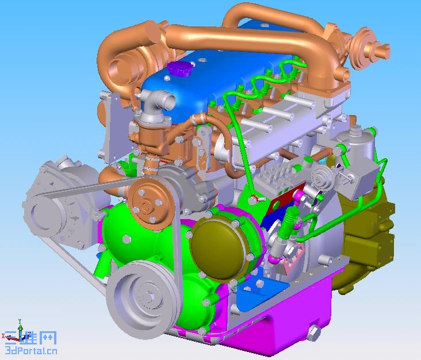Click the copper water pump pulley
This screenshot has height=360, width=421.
[x=149, y=203]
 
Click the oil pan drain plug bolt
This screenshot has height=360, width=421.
[x=313, y=333]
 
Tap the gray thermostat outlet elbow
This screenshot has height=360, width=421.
[x=155, y=106]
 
